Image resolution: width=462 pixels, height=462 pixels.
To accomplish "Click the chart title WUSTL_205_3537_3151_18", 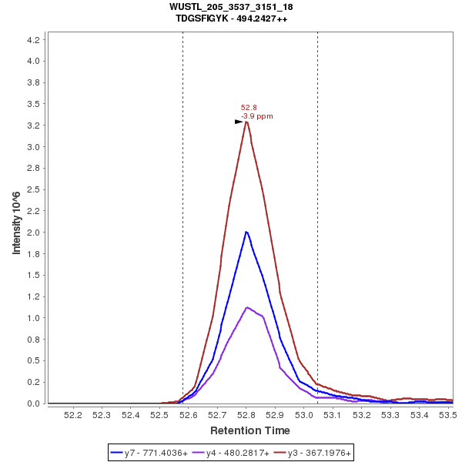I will pos(231,7).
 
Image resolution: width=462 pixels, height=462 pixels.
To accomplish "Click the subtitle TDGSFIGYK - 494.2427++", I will pos(231,18).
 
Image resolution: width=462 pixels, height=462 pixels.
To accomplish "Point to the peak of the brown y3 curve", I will pos(246,122).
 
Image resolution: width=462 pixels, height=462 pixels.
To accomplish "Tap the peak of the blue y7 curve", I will pos(246,232).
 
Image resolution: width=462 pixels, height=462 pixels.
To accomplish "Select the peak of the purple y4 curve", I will pos(246,307).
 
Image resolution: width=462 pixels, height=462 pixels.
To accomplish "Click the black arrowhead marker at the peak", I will pos(239,122).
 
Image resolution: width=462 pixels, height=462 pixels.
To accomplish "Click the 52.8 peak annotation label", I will pos(249,108).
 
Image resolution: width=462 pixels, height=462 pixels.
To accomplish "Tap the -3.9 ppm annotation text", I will pos(257,116).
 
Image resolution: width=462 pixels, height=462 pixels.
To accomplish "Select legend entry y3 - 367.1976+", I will pos(313,454).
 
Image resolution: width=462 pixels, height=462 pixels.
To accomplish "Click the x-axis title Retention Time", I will pos(250,430).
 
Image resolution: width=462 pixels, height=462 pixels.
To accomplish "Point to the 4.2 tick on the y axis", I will pos(34,39).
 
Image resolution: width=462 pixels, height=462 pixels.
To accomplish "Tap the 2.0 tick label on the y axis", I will pos(34,233).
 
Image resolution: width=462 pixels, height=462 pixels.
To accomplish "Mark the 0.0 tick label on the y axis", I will pos(34,403).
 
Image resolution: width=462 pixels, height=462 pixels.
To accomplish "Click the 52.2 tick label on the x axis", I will pos(72,415).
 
